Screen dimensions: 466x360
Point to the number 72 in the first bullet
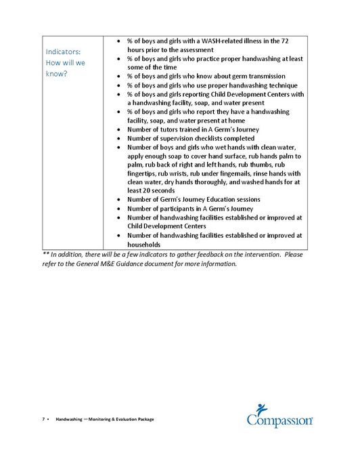click(288, 41)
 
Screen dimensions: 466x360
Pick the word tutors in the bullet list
click(165, 129)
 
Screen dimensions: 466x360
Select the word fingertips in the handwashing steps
click(141, 173)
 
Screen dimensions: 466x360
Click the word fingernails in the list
click(234, 173)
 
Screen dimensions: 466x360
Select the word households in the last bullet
click(144, 244)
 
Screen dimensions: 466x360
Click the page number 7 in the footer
click(44, 419)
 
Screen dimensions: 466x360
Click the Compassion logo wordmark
click(279, 421)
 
